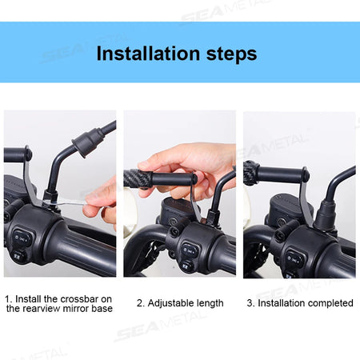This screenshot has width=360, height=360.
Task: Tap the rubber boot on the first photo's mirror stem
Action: pos(85,142)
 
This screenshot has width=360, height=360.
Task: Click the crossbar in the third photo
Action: pos(280,173)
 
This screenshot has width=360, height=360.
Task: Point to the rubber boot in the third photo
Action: pos(328,213)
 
